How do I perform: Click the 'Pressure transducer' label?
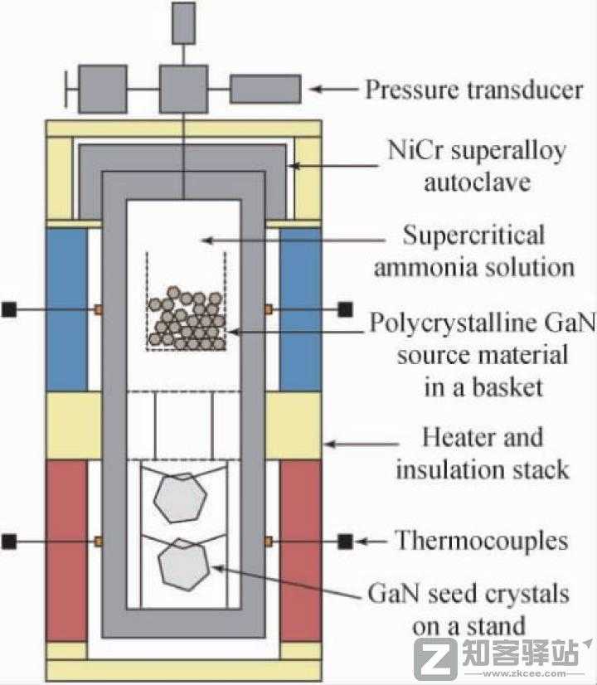tap(473, 89)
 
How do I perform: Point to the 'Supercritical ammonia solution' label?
tap(473, 250)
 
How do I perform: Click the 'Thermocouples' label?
tap(481, 542)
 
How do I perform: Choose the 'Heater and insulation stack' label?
tap(482, 452)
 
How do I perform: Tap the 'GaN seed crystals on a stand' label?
tap(468, 609)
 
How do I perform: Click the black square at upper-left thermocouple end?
tap(9, 309)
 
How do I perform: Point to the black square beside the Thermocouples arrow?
tap(346, 542)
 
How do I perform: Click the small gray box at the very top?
tap(182, 22)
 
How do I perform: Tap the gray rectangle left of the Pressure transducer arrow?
tap(265, 89)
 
